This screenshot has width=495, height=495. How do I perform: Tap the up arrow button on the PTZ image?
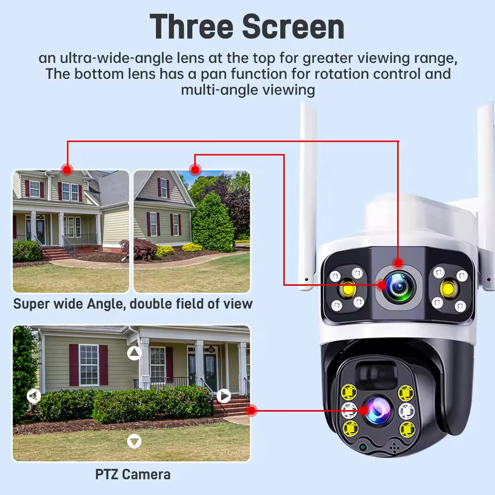(x=135, y=353)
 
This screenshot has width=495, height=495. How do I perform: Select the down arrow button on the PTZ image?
(x=135, y=441)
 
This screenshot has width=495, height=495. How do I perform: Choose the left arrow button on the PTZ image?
(x=33, y=396)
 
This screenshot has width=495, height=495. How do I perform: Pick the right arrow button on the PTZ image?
(x=224, y=396)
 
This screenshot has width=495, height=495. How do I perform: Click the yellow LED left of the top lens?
(x=348, y=288)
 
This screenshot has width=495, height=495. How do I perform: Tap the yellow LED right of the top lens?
(x=450, y=288)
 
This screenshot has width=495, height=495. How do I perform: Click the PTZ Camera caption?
(x=133, y=474)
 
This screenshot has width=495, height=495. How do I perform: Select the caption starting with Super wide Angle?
(x=133, y=304)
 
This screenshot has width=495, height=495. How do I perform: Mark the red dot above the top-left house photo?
(x=67, y=168)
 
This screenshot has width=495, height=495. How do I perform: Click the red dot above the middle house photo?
(x=195, y=168)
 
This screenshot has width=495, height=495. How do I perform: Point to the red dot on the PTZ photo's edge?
(x=252, y=411)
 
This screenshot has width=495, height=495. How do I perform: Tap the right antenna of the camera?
(x=486, y=189)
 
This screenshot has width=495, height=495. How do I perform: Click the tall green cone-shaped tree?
(x=213, y=222)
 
